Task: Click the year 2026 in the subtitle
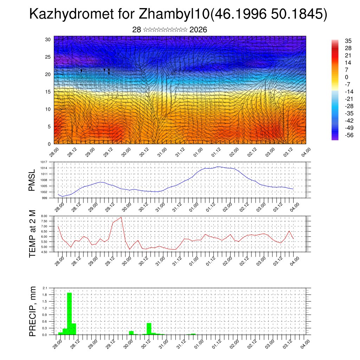coord(198,30)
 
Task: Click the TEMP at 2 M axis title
coord(32,234)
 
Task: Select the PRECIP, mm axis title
coord(32,311)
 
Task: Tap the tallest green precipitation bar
coord(69,313)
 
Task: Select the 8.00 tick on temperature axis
coord(44,216)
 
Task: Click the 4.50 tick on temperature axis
coord(44,252)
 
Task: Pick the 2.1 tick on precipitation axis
coord(45,288)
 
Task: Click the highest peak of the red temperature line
coord(121,217)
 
